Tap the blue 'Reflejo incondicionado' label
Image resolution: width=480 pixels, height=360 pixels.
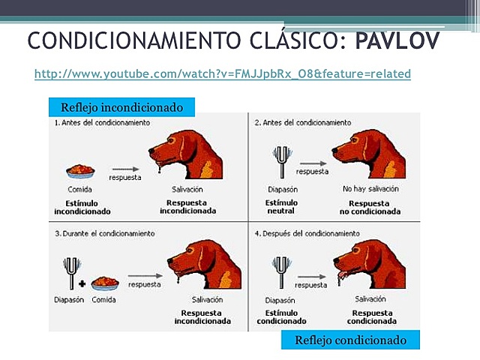pos(121,107)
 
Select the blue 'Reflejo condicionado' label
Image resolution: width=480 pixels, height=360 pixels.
pos(350,340)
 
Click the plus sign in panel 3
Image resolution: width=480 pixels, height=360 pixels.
pos(82,284)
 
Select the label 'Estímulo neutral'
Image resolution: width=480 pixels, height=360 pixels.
pos(282,207)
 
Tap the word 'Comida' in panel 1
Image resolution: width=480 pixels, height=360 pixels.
pos(79,190)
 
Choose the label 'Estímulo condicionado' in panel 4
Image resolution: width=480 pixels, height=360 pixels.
pos(282,316)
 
